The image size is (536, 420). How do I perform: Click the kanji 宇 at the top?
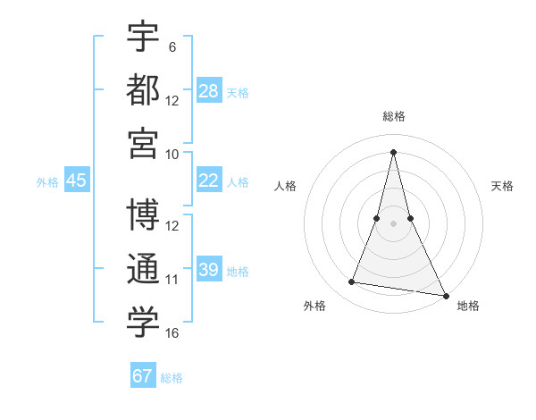click(143, 37)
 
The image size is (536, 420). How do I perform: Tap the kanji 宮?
click(143, 143)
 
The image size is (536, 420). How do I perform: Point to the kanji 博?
click(143, 215)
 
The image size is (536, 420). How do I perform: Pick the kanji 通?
click(143, 269)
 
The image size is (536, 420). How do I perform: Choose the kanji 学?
click(143, 323)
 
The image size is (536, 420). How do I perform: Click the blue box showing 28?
click(209, 91)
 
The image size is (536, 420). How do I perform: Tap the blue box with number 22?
click(209, 181)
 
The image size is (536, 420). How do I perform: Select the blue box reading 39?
click(209, 270)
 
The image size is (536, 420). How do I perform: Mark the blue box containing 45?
click(77, 181)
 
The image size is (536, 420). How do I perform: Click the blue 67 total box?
click(143, 376)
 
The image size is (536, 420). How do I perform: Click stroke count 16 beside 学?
click(172, 333)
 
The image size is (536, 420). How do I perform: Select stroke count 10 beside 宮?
click(172, 154)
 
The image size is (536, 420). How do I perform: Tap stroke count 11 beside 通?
click(172, 280)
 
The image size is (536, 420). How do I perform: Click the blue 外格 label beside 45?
click(47, 182)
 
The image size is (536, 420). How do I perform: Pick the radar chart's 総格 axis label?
click(393, 116)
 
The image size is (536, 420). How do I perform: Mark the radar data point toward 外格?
click(352, 282)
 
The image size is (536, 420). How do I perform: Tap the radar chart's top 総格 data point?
click(393, 151)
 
